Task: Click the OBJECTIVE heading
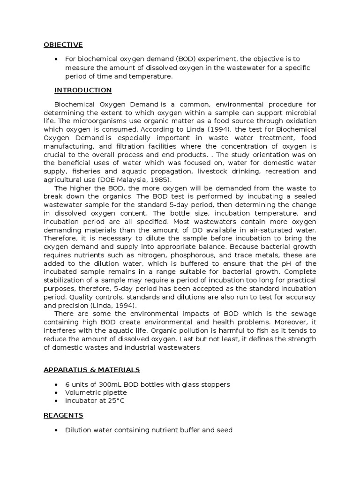tap(63, 45)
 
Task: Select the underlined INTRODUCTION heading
tap(83, 90)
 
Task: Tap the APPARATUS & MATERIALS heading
tap(91, 370)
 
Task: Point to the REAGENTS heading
tap(63, 415)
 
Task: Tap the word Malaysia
tap(137, 179)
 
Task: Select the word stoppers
tap(217, 384)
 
